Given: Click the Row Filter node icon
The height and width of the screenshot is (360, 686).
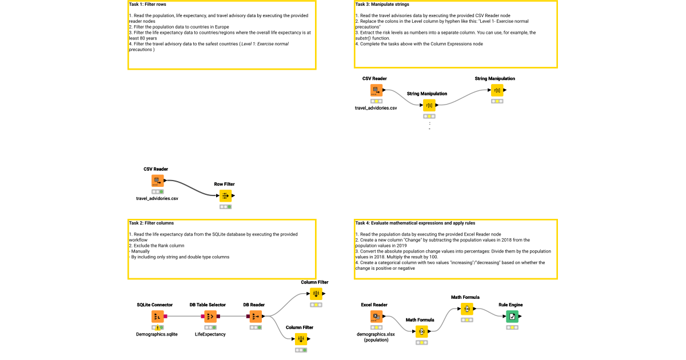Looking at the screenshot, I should coord(226,196).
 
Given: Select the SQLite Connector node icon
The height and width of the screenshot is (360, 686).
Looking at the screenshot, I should coord(158,317).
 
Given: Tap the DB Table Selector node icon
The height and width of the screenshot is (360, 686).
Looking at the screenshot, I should coord(210,317).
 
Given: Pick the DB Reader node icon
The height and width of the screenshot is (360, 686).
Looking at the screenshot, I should coord(256,317).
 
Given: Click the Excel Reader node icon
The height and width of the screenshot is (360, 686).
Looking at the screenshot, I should coord(376,317).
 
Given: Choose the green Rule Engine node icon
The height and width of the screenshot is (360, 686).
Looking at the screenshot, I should coord(513,317).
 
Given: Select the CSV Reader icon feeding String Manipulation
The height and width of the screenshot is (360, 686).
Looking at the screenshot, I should coord(376,90).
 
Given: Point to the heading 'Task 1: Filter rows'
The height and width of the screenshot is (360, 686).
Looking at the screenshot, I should coord(147,5).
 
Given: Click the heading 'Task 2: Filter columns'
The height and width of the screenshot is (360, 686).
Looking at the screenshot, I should coord(151,223).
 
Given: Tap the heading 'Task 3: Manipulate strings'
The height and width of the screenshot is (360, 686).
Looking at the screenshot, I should coord(382,5).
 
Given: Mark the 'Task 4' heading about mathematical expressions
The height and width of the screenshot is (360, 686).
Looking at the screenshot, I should coord(414,223).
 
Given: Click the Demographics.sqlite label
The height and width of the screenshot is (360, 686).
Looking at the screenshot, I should coord(157,334).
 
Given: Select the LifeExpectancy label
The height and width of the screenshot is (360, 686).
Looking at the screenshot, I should coord(210,334).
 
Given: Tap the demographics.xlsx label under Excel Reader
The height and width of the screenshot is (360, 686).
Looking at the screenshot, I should coord(376,334).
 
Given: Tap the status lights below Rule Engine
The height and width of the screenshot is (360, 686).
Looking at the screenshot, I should coord(513,328).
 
